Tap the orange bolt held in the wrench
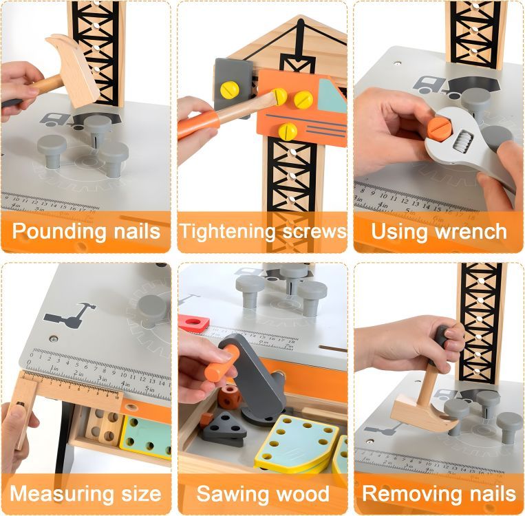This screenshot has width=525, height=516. [438, 127]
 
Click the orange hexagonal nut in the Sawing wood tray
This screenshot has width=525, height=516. [229, 397]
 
